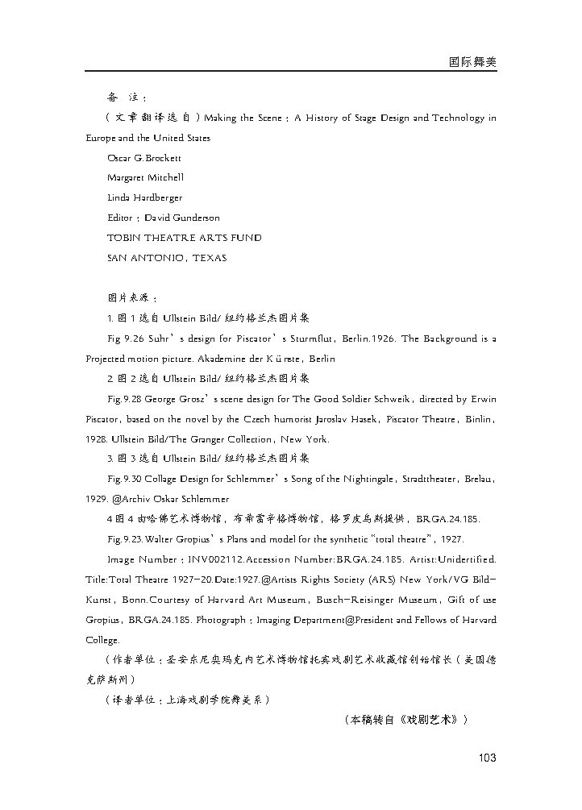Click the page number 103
[x=486, y=757]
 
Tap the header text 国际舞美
[x=472, y=60]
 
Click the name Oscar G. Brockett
[x=144, y=158]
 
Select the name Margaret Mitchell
[x=145, y=177]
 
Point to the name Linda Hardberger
[x=144, y=197]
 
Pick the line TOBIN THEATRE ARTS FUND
[x=184, y=238]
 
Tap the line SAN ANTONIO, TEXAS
[x=167, y=258]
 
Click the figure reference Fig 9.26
[x=125, y=339]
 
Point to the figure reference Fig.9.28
[x=126, y=399]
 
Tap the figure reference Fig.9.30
[x=126, y=479]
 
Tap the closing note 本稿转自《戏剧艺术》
[x=405, y=718]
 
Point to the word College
[x=102, y=639]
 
